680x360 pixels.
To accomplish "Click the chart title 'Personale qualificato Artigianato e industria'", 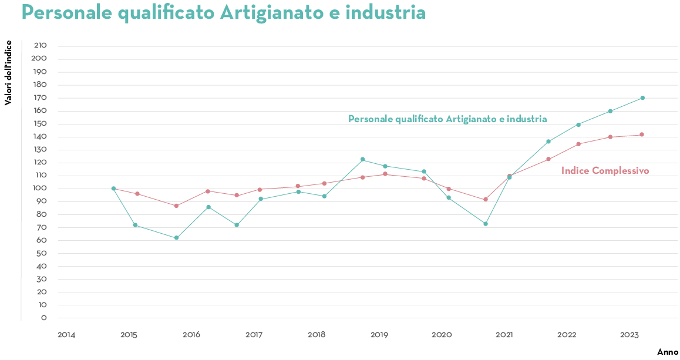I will (223, 12).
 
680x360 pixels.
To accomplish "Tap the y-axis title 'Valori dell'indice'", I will (8, 73).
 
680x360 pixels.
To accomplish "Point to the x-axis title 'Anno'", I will (668, 352).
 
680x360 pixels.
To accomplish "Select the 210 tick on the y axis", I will (41, 46).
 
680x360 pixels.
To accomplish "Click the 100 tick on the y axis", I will (41, 189).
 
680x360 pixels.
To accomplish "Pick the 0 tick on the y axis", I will (43, 318).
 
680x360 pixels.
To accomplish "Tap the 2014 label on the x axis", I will (66, 335).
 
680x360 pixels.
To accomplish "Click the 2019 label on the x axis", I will (379, 335).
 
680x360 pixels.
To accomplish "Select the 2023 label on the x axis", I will (629, 335).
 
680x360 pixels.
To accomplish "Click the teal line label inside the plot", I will (447, 119).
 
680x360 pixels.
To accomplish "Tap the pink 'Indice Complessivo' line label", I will (605, 171).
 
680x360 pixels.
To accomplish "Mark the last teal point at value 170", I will (642, 98).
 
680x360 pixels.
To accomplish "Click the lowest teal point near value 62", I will (176, 238).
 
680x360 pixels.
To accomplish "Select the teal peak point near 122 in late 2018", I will (362, 159).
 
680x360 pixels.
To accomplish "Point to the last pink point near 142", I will (642, 134).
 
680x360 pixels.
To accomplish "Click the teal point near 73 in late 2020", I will (486, 224).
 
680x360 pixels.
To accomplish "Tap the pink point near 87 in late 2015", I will (176, 206).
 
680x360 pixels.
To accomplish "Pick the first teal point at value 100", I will (113, 189).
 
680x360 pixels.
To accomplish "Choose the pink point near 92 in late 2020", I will (486, 199).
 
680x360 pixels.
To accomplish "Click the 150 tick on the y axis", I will (41, 124).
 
